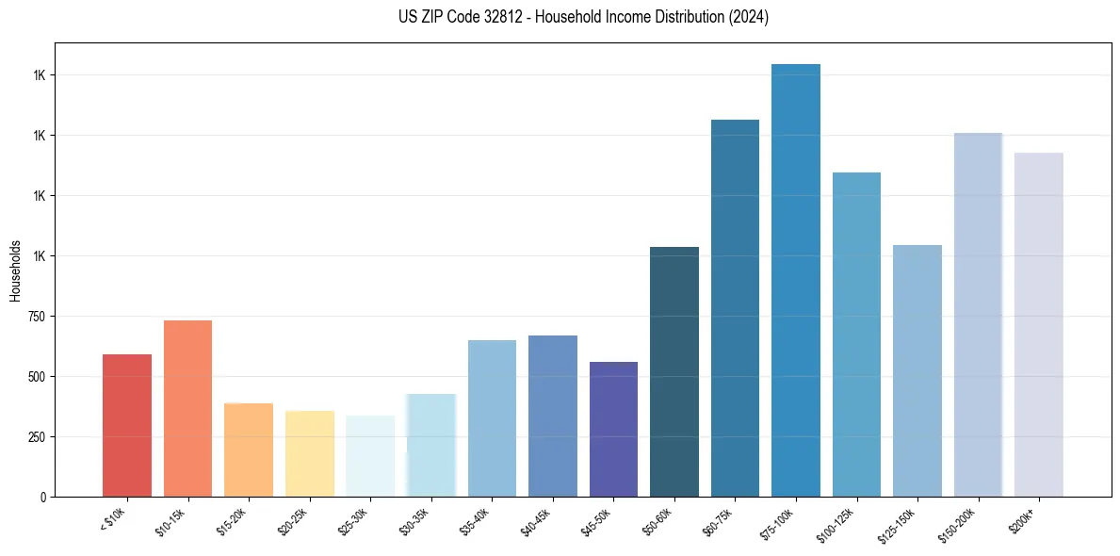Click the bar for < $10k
coord(127,425)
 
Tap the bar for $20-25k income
coord(309,453)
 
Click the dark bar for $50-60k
coord(674,371)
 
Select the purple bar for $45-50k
coord(613,429)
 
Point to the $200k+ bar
coord(1038,324)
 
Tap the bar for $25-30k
coord(370,456)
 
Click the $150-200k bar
coord(978,315)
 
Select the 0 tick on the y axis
coord(42,497)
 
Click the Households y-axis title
coord(15,270)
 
